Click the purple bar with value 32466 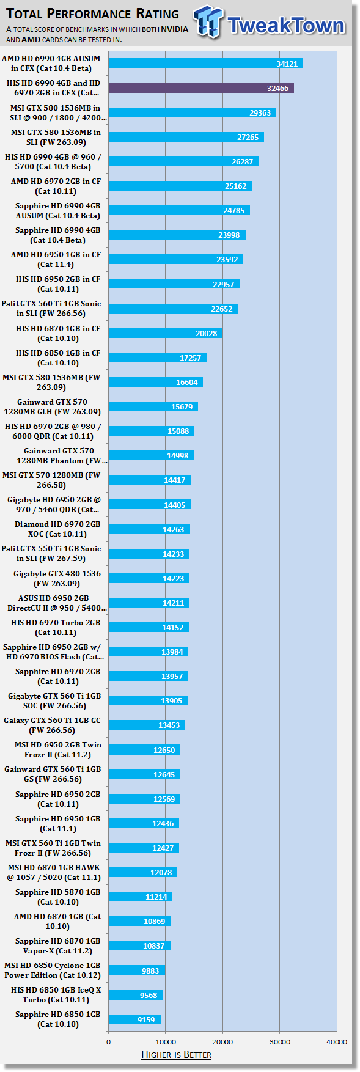click(201, 88)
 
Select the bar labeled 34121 click(206, 64)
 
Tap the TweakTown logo click(270, 23)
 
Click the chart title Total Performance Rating click(93, 13)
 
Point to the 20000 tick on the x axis click(222, 1041)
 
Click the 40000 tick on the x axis click(337, 1041)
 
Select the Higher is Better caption click(176, 1054)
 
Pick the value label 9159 click(146, 1019)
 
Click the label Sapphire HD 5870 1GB click(58, 892)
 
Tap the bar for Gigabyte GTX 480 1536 click(149, 578)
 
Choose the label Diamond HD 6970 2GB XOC click(57, 529)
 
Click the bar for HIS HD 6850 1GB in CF click(158, 358)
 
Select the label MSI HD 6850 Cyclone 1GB click(52, 966)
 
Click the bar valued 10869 click(139, 921)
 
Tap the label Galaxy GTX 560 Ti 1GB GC click(52, 721)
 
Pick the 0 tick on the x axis click(109, 1041)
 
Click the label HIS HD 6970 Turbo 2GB click(56, 623)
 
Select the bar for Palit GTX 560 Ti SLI click(173, 309)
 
